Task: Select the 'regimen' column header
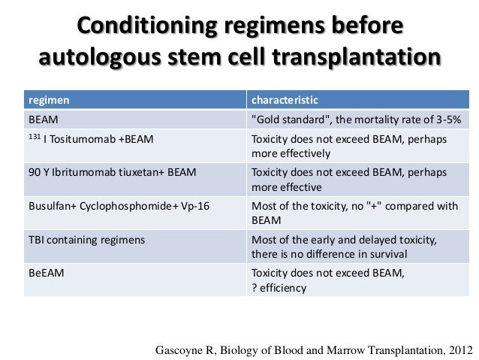(x=47, y=100)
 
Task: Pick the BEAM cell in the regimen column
(x=44, y=119)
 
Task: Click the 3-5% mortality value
(x=444, y=119)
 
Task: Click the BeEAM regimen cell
(x=46, y=273)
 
